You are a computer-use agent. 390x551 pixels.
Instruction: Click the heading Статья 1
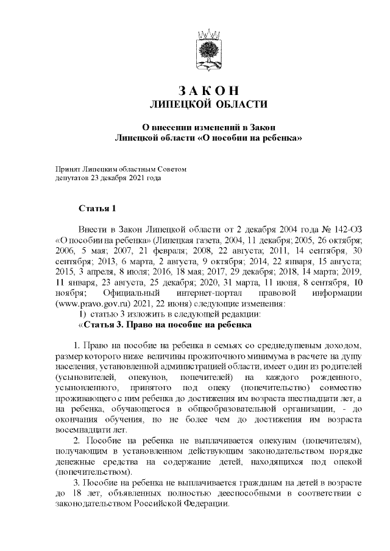(97, 209)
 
